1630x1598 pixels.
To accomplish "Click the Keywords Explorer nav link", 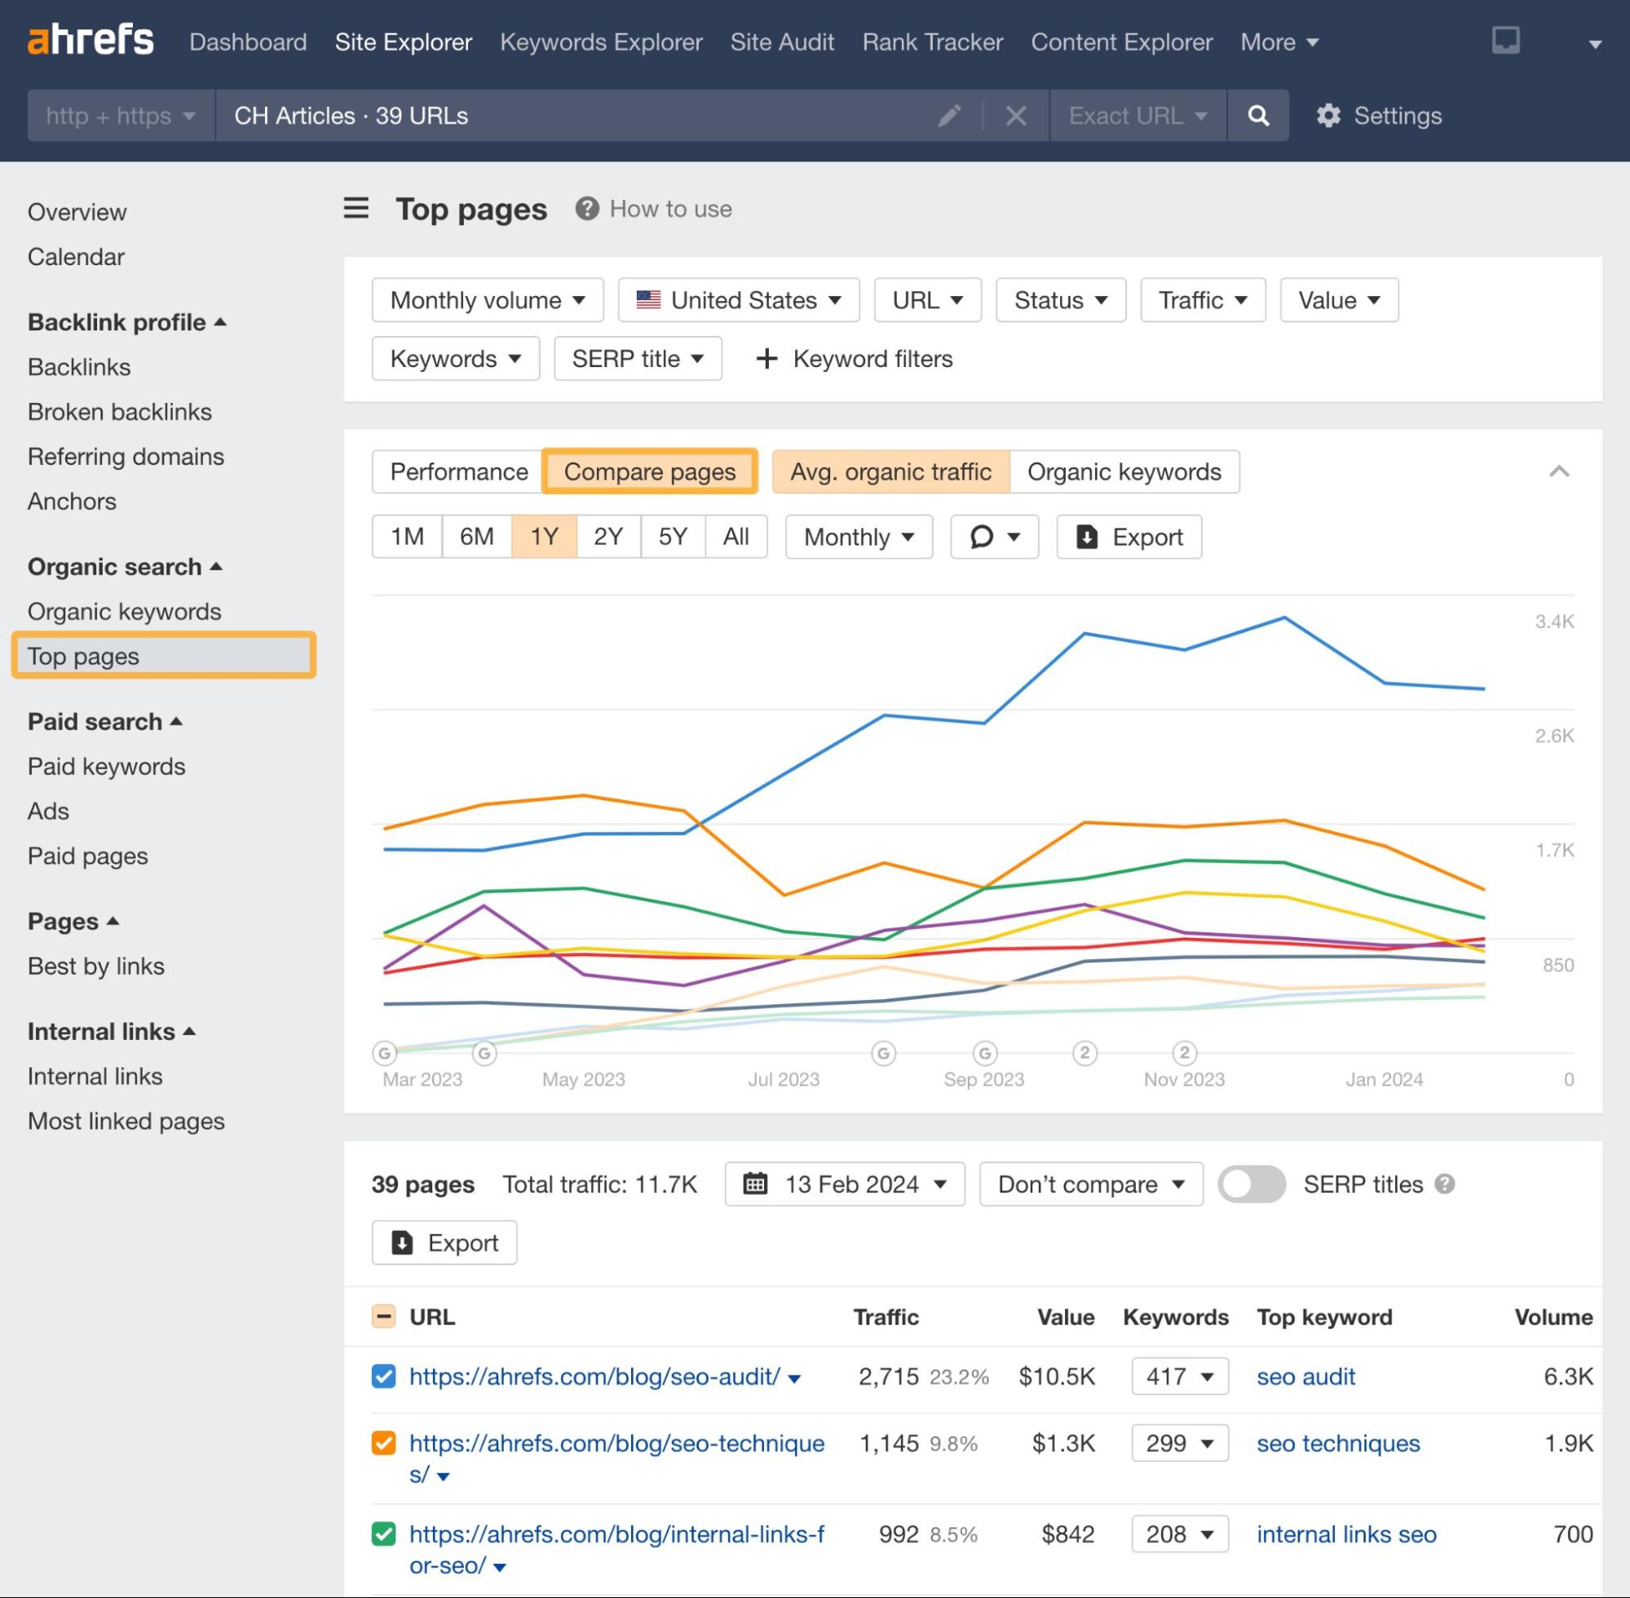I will [x=601, y=42].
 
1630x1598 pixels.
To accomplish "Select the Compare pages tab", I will [x=649, y=471].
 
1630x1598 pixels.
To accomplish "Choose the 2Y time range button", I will [x=608, y=536].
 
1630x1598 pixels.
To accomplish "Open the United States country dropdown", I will [x=738, y=300].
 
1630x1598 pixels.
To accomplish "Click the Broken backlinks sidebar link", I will [x=119, y=412].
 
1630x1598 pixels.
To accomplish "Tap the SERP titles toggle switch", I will [x=1251, y=1184].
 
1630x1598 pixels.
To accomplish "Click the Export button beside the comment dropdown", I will [x=1129, y=537].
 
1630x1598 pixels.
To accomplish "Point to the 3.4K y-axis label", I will [x=1553, y=622].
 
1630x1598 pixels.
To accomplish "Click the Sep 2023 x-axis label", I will [x=983, y=1079].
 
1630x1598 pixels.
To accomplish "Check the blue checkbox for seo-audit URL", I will [x=383, y=1376].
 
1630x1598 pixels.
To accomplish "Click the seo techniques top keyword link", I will [x=1337, y=1444].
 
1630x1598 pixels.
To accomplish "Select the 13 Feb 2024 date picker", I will [x=844, y=1184].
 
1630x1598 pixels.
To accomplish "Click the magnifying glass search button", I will [x=1257, y=116].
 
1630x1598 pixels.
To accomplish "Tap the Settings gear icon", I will [x=1328, y=116].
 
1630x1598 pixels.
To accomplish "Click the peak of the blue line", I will [x=1284, y=618].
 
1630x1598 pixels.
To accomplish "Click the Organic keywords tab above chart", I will [x=1124, y=471].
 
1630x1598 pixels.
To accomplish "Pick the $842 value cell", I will [x=1067, y=1534].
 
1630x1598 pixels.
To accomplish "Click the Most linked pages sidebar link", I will [x=126, y=1122].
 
